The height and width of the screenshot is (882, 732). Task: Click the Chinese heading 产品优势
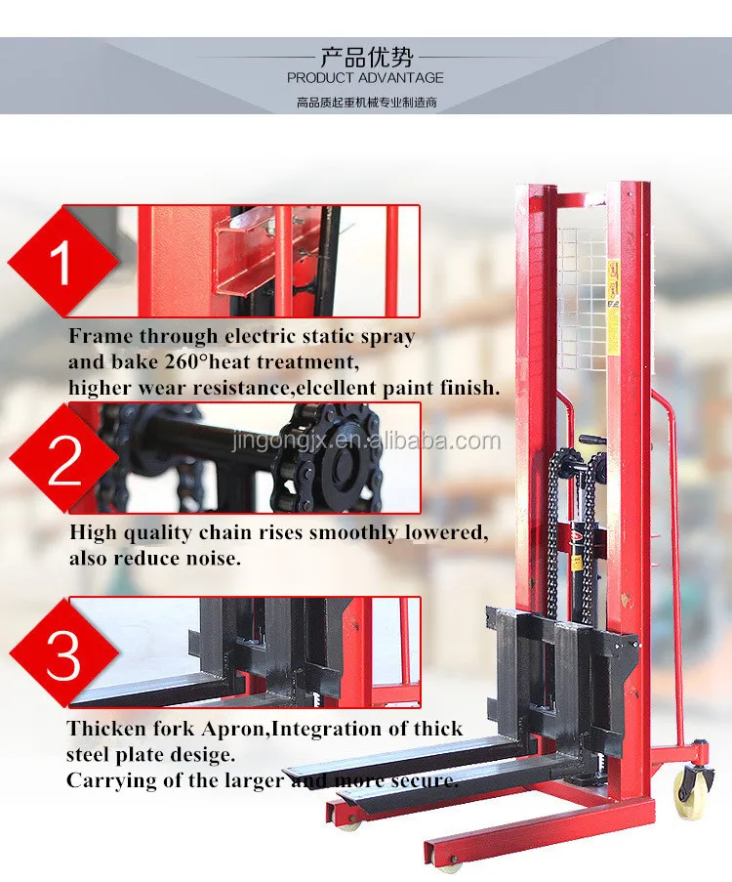(365, 55)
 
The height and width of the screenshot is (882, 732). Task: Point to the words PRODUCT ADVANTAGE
(365, 77)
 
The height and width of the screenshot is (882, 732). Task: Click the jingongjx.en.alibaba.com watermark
(366, 441)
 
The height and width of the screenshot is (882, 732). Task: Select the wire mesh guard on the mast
(582, 293)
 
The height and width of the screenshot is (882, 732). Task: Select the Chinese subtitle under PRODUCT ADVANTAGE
(365, 102)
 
